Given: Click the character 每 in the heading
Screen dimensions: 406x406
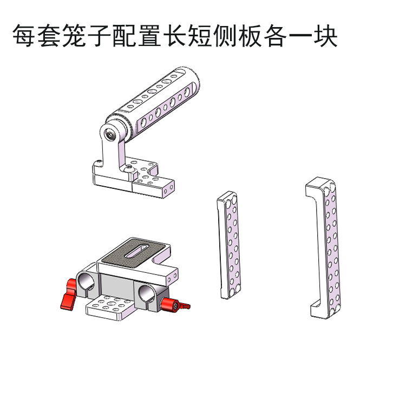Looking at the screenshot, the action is (x=24, y=36).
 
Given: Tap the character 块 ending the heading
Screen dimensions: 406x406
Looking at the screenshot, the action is (x=326, y=36).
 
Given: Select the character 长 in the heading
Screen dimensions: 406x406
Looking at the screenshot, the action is (x=175, y=36).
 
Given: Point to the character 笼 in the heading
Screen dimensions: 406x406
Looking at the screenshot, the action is (x=74, y=36).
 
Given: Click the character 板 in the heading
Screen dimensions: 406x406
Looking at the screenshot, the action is (x=251, y=36).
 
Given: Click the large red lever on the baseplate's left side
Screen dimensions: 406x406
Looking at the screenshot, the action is (x=68, y=293).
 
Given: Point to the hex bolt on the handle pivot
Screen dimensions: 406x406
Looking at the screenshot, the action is (x=109, y=134).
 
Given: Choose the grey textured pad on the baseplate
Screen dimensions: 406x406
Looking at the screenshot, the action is (x=135, y=252).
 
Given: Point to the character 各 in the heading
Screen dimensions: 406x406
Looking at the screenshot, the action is (x=276, y=36).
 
